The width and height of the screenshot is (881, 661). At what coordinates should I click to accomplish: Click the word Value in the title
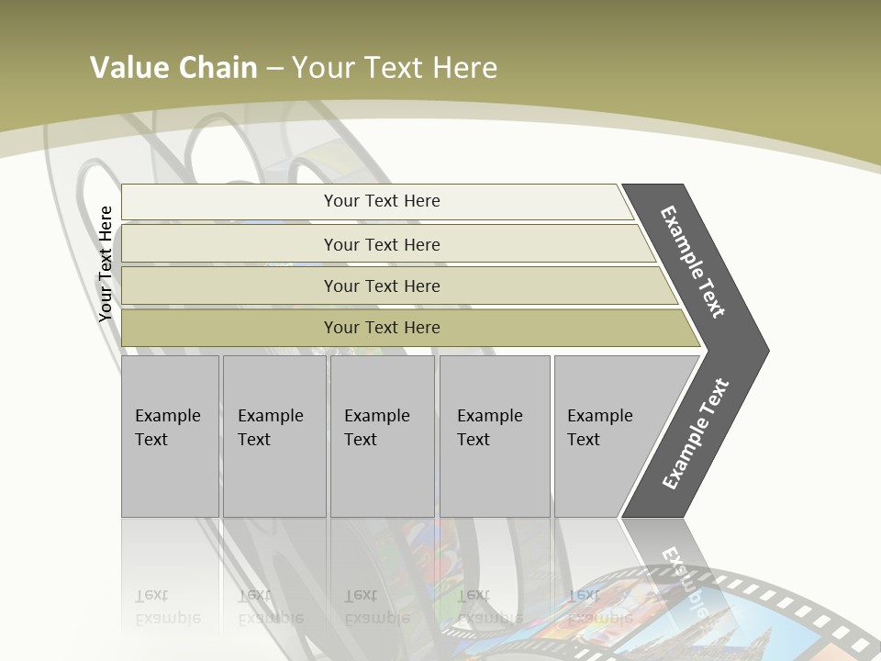tap(128, 67)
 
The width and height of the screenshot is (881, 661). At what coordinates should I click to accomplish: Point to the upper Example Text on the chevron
tap(694, 262)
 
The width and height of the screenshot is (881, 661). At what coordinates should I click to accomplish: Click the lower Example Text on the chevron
tap(695, 433)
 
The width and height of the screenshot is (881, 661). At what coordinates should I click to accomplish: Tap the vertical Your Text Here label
tap(106, 263)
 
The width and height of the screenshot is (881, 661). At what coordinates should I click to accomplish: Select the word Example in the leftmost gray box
tap(167, 416)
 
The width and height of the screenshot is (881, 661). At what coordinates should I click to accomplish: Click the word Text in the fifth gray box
tap(584, 440)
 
